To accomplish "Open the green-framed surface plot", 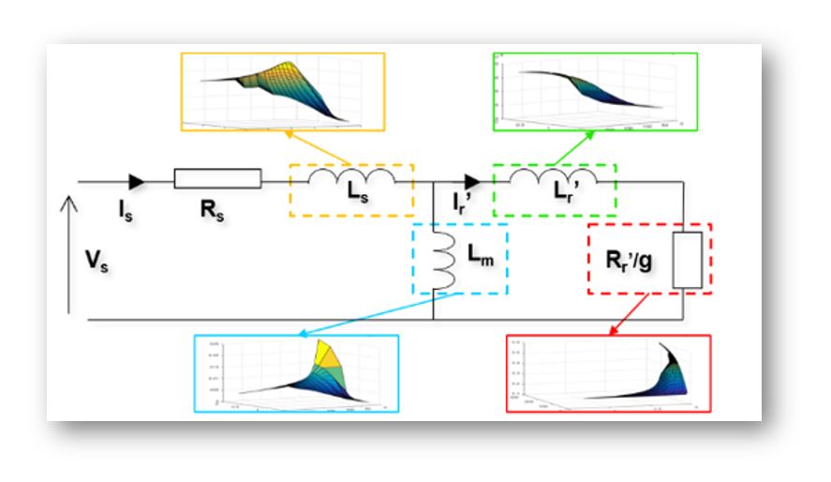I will click(x=595, y=91).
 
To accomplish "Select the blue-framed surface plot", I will click(x=296, y=373).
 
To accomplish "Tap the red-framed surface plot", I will click(x=607, y=373).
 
